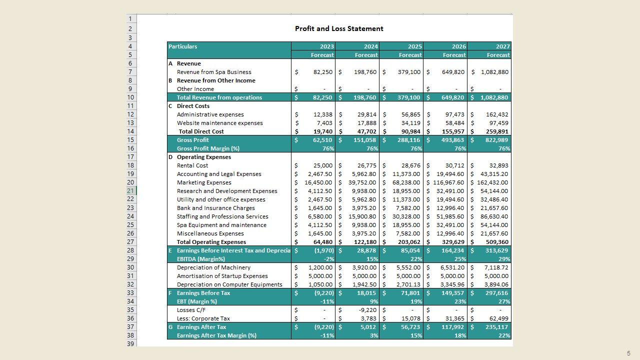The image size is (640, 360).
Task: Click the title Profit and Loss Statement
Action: coord(339,28)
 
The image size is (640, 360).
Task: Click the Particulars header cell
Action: coord(183,46)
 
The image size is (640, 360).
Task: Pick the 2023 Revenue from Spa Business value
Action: coord(322,72)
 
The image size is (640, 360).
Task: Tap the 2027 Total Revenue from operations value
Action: coord(494,97)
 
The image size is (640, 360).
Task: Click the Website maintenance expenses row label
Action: coord(219,123)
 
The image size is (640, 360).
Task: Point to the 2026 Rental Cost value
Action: coord(454,165)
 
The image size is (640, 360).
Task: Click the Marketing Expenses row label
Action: coord(204,182)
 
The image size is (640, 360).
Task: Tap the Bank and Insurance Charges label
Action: coord(215,208)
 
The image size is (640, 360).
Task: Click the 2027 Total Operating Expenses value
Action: coord(496,242)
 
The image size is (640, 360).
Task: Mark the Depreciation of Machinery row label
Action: coord(213,267)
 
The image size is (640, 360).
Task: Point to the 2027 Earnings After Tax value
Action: coord(496,327)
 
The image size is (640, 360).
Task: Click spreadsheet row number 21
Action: coord(130,190)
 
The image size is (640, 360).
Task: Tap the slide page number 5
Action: coord(628,353)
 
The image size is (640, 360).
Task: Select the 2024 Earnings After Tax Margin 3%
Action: coord(374,335)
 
